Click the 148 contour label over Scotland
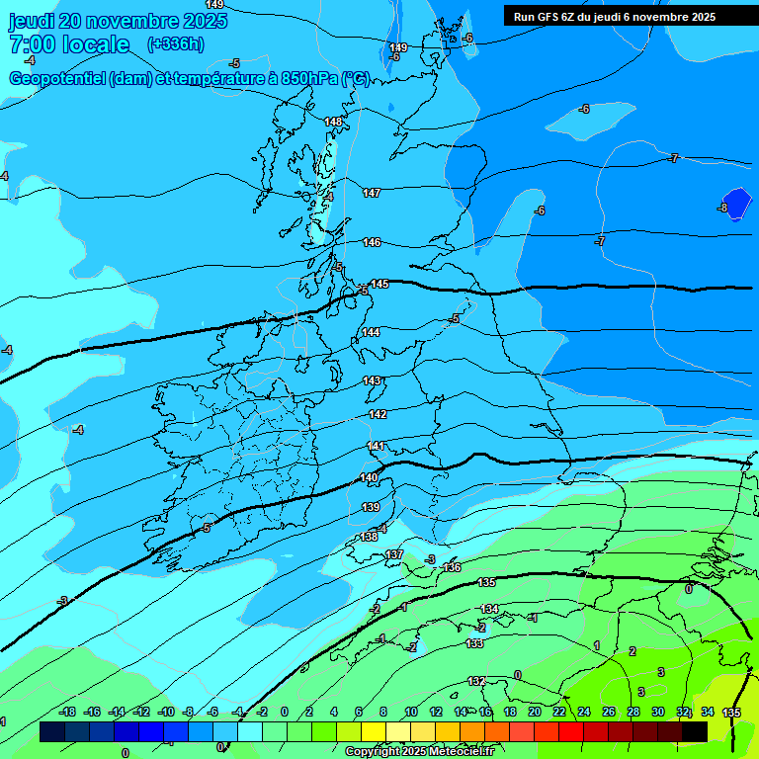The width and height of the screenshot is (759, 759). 334,122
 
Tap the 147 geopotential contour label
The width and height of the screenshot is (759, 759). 372,193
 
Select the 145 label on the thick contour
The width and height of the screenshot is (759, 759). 379,284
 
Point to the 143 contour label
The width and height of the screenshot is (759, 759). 372,380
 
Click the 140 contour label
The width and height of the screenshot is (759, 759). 369,477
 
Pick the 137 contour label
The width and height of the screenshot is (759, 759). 394,554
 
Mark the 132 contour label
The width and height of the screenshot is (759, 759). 476,681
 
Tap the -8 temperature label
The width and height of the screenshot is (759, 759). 722,208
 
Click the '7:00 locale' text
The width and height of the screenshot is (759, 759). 69,44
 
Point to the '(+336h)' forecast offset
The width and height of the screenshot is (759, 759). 175,44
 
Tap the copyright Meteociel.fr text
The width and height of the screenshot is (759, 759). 420,752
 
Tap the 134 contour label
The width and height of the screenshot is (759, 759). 489,609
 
